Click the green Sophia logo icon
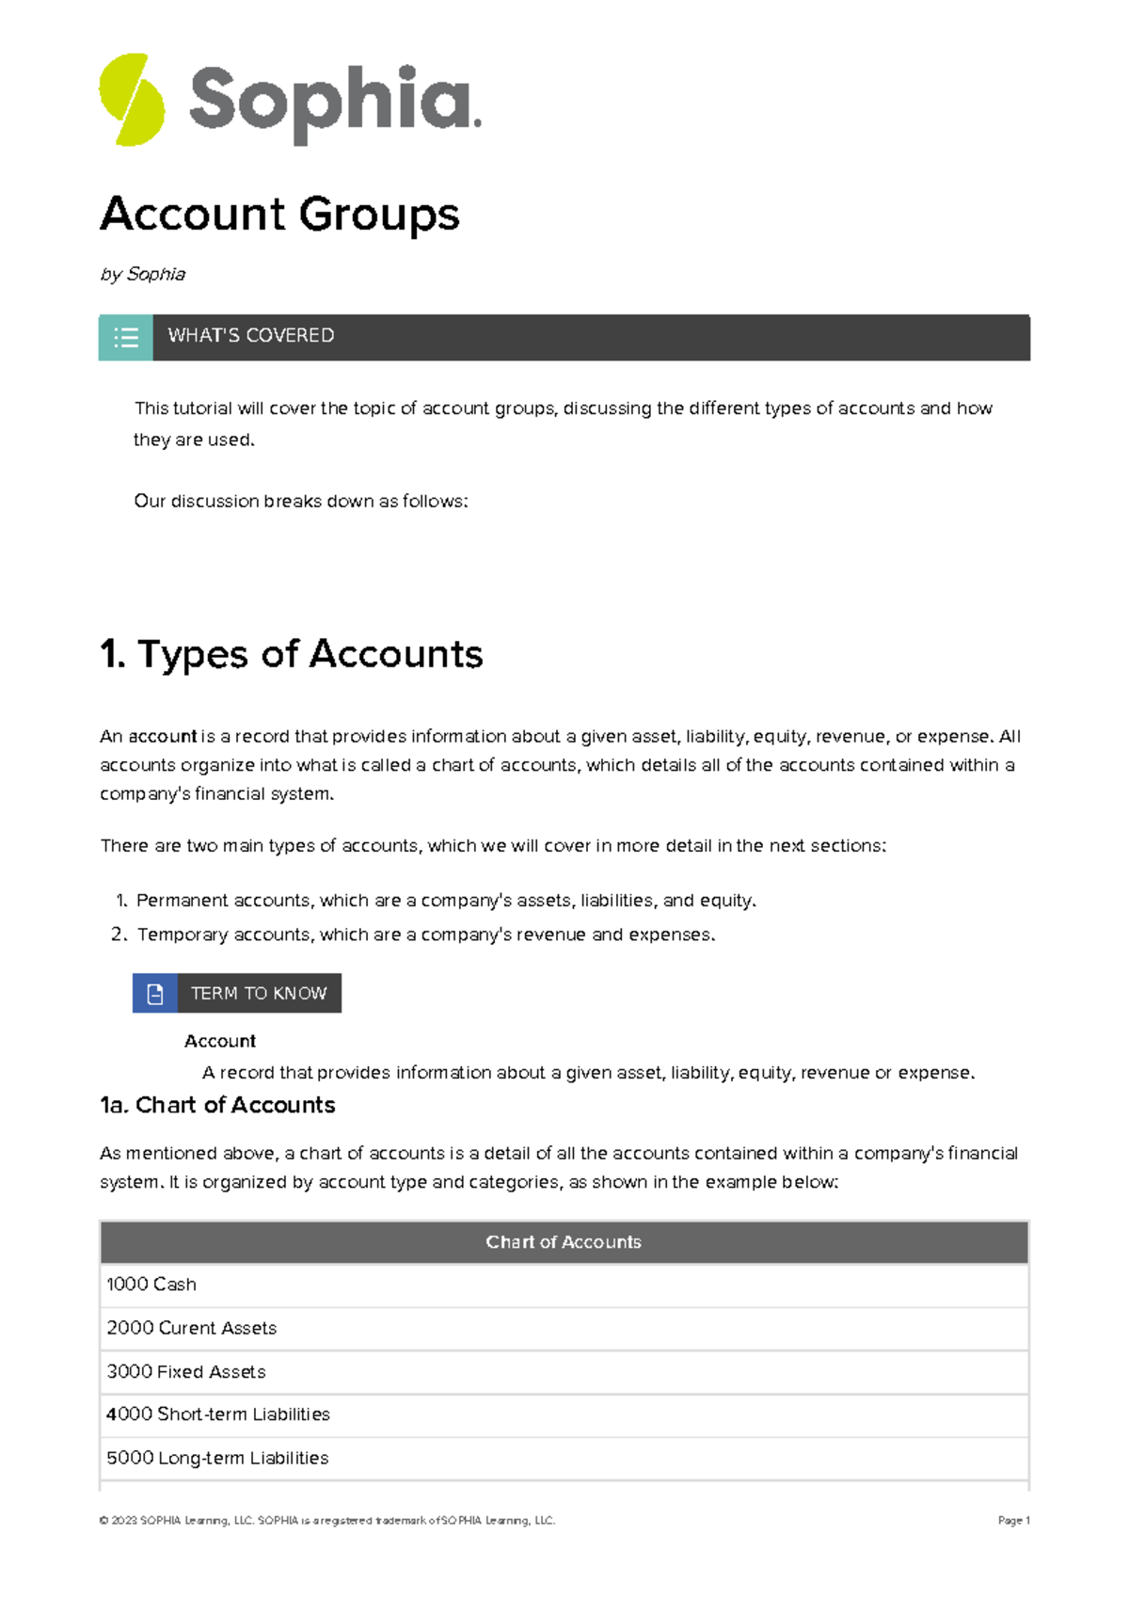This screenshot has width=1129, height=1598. [132, 100]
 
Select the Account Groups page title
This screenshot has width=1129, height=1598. [279, 214]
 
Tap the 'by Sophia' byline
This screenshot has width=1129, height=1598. [143, 274]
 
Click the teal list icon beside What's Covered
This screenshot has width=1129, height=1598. [126, 337]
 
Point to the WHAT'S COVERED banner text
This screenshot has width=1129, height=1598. [250, 336]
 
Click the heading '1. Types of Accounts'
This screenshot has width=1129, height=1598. [291, 654]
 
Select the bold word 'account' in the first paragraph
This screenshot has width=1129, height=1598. [163, 736]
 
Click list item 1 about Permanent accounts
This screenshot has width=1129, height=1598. [445, 901]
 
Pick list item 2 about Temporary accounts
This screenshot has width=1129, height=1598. [425, 935]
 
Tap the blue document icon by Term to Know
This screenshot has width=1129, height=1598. [155, 994]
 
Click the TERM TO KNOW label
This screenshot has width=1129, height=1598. [259, 994]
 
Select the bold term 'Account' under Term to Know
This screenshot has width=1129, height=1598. [220, 1041]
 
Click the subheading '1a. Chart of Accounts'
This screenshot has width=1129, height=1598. [217, 1105]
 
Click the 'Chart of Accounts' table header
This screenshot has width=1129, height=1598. [564, 1242]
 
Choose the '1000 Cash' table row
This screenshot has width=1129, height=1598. [151, 1285]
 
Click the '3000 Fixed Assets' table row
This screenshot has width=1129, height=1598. [186, 1371]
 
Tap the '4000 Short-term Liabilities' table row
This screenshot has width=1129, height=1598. [218, 1414]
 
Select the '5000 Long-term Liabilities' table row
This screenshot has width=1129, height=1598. [217, 1458]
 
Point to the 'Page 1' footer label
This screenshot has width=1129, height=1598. [1013, 1520]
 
